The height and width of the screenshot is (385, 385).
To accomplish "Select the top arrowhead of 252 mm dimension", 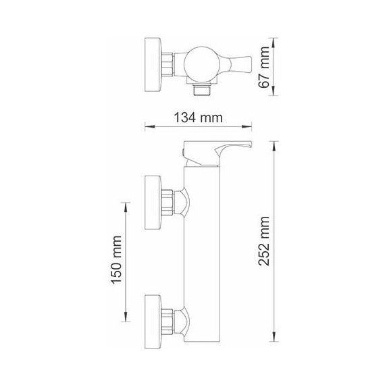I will click(274, 144).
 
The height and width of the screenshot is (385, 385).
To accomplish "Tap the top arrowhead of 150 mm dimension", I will click(126, 205).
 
